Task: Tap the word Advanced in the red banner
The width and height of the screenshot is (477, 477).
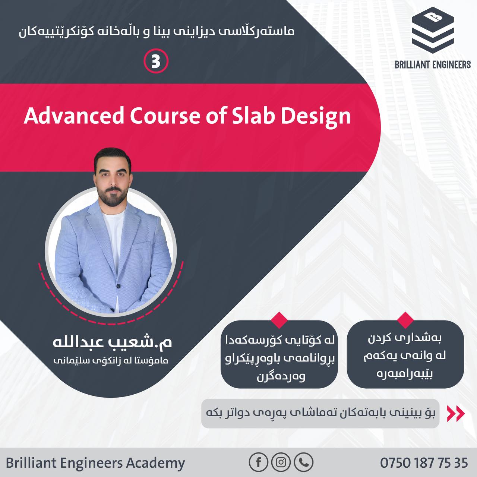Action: pyautogui.click(x=73, y=116)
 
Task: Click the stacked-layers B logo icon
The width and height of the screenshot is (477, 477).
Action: pyautogui.click(x=433, y=30)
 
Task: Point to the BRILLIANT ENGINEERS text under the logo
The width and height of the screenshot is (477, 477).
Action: pyautogui.click(x=433, y=65)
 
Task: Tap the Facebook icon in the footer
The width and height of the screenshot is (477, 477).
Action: pyautogui.click(x=258, y=462)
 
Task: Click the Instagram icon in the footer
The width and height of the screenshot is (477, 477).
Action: pyautogui.click(x=281, y=462)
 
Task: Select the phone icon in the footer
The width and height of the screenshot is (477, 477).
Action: pyautogui.click(x=304, y=462)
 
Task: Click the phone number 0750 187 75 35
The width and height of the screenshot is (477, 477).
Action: pyautogui.click(x=424, y=462)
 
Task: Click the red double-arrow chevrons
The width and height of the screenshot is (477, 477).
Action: pyautogui.click(x=456, y=413)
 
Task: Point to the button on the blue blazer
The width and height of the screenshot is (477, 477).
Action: pyautogui.click(x=119, y=286)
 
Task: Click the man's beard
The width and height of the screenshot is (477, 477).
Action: pyautogui.click(x=113, y=196)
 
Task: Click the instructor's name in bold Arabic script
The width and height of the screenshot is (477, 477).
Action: pyautogui.click(x=112, y=342)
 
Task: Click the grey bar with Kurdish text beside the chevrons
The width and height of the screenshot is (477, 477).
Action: pyautogui.click(x=320, y=413)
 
